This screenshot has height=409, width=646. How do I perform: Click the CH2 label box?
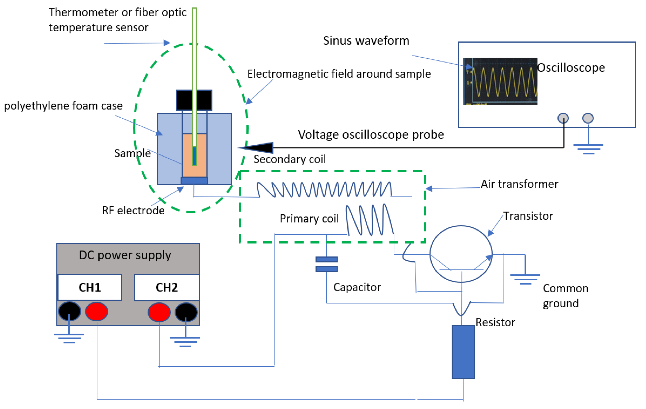[x=167, y=287]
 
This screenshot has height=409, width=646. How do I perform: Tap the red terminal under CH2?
[x=159, y=312]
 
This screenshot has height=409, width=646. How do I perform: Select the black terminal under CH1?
[x=69, y=311]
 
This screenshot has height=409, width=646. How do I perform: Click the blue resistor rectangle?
[x=463, y=352]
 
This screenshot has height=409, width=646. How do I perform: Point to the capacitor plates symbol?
[x=327, y=264]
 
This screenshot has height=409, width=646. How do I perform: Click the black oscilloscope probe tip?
[x=258, y=147]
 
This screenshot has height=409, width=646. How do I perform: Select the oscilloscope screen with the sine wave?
[x=500, y=81]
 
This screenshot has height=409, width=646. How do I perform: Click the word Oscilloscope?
[x=571, y=68]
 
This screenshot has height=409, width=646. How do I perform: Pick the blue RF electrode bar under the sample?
[x=194, y=181]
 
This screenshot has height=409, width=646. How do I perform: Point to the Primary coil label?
[x=309, y=219]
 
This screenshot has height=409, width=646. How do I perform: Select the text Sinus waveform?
[x=366, y=41]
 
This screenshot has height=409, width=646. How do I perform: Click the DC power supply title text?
[x=125, y=255]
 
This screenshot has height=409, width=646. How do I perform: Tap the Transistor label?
[x=528, y=216]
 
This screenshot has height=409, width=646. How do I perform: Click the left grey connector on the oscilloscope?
[x=563, y=118]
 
